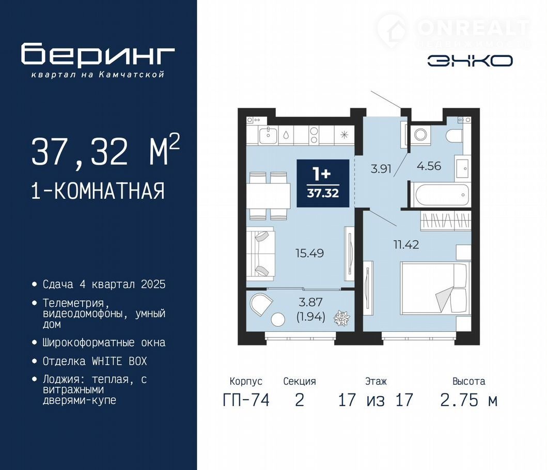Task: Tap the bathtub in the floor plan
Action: coord(440,195)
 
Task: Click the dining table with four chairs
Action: coord(269,196)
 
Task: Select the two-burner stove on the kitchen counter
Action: coord(314,135)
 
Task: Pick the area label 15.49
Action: coord(309,253)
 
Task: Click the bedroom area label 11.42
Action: coord(406,245)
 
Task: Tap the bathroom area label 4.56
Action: coord(429,166)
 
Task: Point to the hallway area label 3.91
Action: coord(381,169)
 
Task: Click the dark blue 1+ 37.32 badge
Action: coord(323,183)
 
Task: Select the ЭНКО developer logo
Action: coord(470,61)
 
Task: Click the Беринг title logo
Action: coord(98,54)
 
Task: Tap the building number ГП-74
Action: coord(246,400)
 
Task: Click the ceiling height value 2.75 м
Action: coord(468,400)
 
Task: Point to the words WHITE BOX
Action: coord(119,361)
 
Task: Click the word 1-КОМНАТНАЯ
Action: coord(98,191)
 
